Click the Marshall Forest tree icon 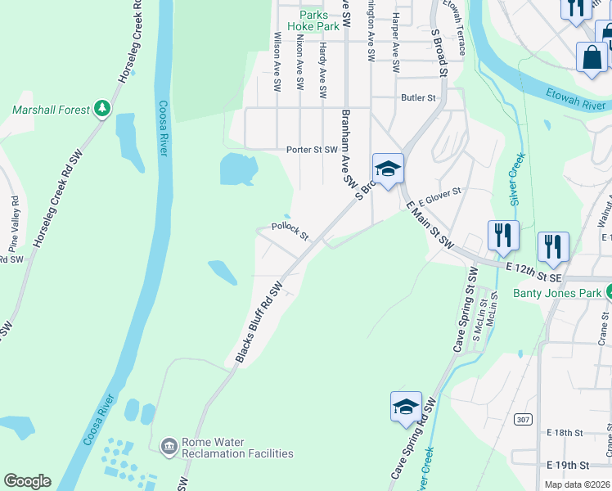[x=102, y=110]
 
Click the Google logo [x=27, y=481]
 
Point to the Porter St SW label [x=312, y=150]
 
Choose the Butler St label [x=418, y=97]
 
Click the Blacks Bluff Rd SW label [x=259, y=322]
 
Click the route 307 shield [x=523, y=419]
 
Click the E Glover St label [x=440, y=196]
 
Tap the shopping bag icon [x=592, y=57]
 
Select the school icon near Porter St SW [x=388, y=169]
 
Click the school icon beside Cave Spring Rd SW [x=406, y=407]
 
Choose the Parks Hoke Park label [x=319, y=20]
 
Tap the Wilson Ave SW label [x=278, y=61]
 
